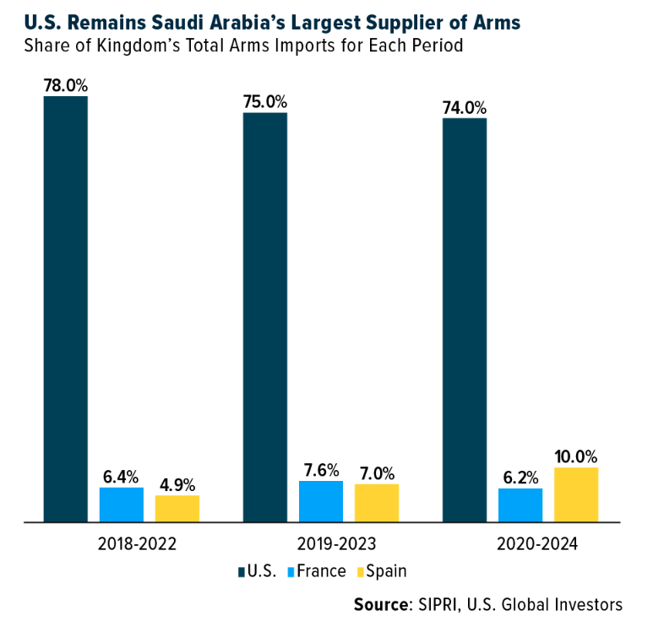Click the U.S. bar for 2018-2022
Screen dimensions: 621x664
(x=66, y=309)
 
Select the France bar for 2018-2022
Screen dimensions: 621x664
(x=122, y=505)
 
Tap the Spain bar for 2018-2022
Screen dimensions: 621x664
(x=177, y=509)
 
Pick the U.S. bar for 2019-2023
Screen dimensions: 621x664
(x=265, y=317)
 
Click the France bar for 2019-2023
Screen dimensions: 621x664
(x=321, y=501)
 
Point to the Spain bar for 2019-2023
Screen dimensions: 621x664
(x=377, y=503)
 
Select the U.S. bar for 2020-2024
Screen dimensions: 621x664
(x=465, y=320)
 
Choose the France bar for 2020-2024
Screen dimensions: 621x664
(x=520, y=505)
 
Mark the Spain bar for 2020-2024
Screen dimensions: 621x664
(x=576, y=494)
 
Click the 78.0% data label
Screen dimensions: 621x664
(x=66, y=85)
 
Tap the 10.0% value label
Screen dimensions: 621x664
(x=576, y=456)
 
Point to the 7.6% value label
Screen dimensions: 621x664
(x=321, y=470)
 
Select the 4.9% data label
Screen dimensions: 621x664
(x=177, y=484)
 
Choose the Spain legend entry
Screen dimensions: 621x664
(x=380, y=571)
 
